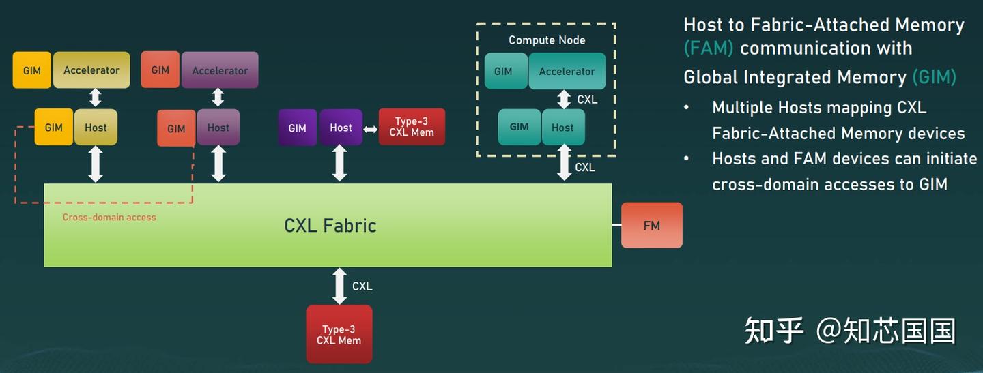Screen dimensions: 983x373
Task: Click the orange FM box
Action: [652, 225]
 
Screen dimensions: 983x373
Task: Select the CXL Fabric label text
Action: [330, 226]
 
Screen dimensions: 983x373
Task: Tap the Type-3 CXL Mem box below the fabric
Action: [339, 334]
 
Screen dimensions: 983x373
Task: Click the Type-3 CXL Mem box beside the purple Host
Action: [412, 127]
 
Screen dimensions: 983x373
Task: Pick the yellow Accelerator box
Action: [91, 70]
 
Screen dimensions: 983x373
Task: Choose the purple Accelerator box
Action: [220, 70]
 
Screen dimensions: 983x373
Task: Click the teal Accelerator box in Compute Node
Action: [567, 71]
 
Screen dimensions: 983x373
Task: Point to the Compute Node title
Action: [547, 40]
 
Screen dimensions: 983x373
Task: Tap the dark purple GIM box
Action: [297, 128]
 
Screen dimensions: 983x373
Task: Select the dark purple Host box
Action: [341, 128]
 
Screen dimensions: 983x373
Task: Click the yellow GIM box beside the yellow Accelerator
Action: [31, 70]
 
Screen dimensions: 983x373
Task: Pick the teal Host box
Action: [563, 127]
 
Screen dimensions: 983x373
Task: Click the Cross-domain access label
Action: [109, 217]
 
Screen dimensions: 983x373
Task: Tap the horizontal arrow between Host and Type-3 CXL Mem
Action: [371, 130]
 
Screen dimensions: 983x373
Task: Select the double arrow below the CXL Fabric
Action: [339, 286]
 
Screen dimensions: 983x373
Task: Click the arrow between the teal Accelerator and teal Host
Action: [564, 100]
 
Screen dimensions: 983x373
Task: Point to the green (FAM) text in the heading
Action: [709, 48]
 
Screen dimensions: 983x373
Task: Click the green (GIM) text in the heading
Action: [935, 77]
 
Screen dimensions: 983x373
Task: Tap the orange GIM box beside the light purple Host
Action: [176, 128]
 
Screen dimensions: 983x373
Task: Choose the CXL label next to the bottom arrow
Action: [362, 286]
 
